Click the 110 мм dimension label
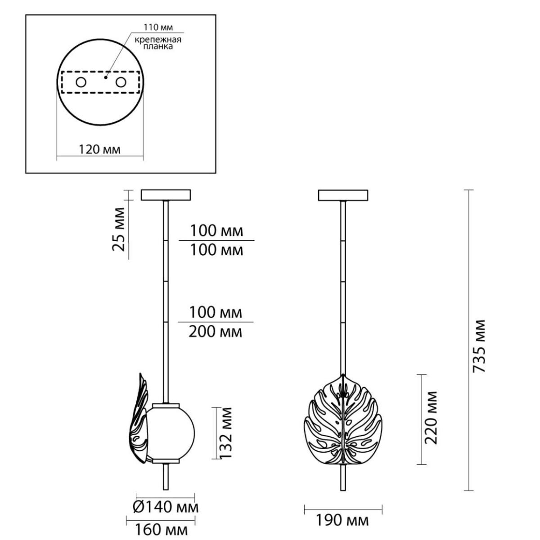tap(158, 27)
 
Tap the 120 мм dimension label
tap(100, 150)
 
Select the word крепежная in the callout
tap(158, 40)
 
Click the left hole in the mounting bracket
tap(81, 82)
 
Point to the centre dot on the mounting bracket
tap(106, 77)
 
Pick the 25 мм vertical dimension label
tap(118, 229)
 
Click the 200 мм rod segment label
tap(215, 333)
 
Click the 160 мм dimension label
tap(162, 530)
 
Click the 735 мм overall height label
tap(479, 346)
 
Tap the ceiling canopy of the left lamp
tap(166, 195)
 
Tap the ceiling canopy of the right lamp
tap(343, 195)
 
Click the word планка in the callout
tap(158, 47)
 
